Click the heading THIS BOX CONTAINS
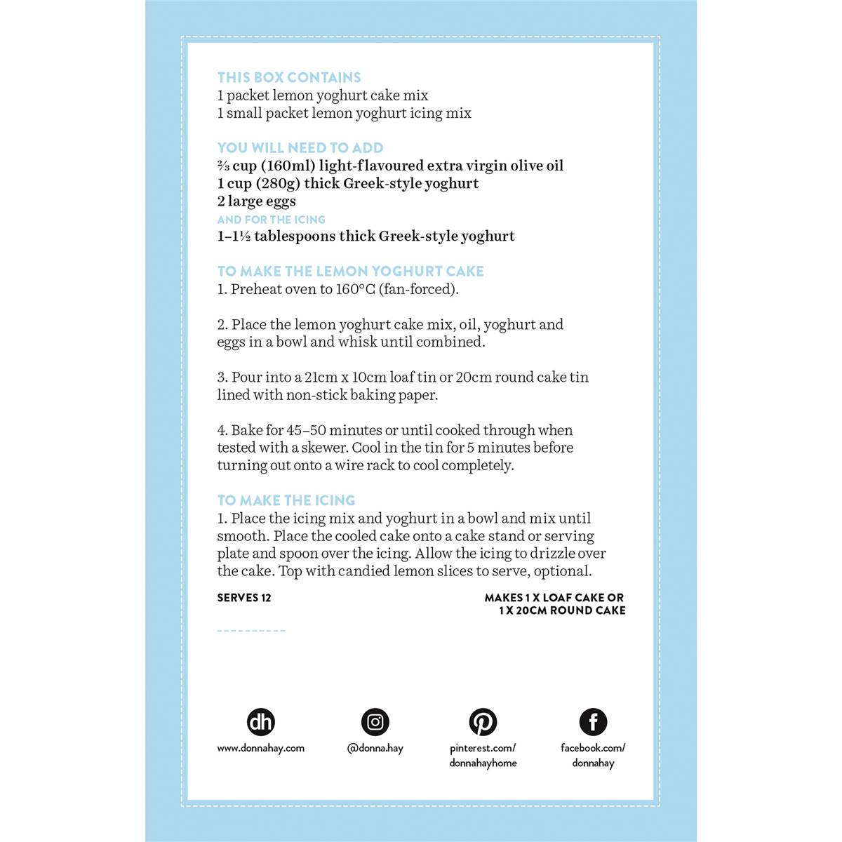click(289, 78)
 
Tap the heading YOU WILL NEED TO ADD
click(300, 148)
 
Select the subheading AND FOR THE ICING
click(271, 220)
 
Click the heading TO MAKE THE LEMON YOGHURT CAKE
click(350, 272)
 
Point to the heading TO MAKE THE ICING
click(286, 501)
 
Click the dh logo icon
click(261, 722)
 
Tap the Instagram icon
click(375, 722)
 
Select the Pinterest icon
click(483, 722)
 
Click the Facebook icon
click(593, 722)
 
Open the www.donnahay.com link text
click(261, 748)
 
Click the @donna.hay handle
click(375, 748)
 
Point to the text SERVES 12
click(244, 598)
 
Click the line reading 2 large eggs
click(257, 201)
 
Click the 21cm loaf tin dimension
click(321, 377)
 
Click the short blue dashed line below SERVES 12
click(251, 631)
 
